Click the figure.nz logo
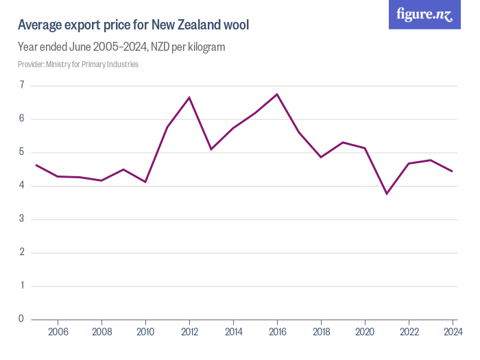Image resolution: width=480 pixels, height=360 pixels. tap(424, 14)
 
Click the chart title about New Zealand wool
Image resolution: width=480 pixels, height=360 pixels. tap(133, 25)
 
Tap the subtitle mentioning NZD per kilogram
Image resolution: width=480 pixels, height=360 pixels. tap(121, 47)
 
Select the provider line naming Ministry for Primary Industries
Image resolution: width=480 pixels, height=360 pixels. tap(78, 64)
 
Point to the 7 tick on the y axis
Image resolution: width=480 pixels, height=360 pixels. tap(22, 86)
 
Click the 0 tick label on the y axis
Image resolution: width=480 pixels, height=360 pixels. tap(22, 319)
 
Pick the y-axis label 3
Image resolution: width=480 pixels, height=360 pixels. tap(22, 219)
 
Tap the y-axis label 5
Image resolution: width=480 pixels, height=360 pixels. tap(22, 152)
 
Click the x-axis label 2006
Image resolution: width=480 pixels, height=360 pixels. tap(58, 332)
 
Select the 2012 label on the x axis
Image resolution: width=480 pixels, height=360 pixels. tap(189, 332)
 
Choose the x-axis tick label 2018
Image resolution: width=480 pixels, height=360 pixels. tap(321, 332)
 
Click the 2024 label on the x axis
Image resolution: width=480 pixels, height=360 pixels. tap(452, 332)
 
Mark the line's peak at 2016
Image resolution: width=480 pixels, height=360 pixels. tap(277, 94)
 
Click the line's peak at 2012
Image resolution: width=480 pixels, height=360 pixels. tap(189, 97)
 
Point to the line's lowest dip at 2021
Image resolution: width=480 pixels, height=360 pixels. tap(387, 193)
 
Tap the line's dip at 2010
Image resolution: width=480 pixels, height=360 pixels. tap(145, 182)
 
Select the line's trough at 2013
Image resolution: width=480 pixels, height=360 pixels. tap(211, 149)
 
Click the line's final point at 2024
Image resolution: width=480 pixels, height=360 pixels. tap(453, 171)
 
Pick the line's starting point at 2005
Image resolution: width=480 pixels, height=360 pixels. tap(36, 165)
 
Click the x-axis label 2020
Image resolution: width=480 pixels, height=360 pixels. tap(365, 332)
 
